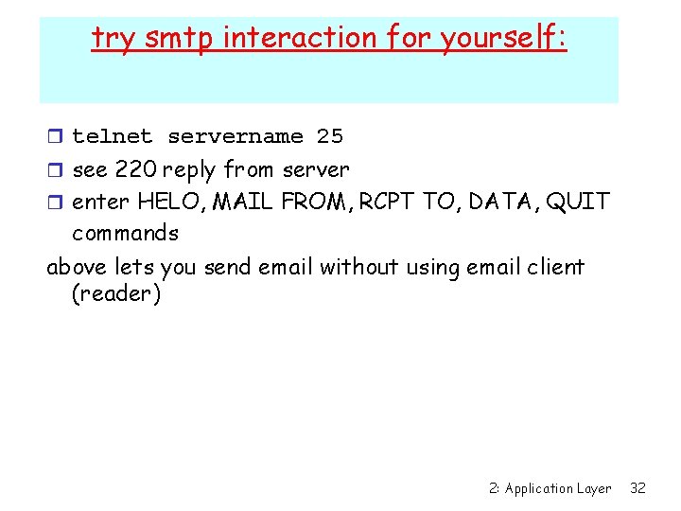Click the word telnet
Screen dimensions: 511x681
coord(113,136)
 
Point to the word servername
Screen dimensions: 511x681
coord(236,136)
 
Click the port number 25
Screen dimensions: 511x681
coord(330,136)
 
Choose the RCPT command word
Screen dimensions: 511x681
coord(384,202)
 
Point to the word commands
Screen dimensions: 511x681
coord(125,233)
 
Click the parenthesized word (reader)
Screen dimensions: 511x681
coord(116,294)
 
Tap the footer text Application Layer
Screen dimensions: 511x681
coord(558,488)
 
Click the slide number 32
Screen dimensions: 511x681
coord(637,488)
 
